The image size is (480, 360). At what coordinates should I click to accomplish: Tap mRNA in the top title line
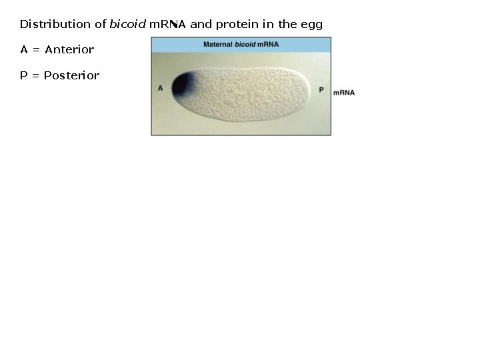coord(167,25)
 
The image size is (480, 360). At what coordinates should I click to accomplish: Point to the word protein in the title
coord(235,25)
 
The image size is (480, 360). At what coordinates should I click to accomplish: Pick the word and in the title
coord(201,25)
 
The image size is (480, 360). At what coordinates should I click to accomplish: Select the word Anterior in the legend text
coord(69,50)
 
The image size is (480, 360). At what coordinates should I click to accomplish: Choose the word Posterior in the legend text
coord(71,75)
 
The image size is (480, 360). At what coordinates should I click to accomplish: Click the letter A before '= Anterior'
coord(24,50)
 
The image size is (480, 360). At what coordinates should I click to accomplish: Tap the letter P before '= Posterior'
coord(23,75)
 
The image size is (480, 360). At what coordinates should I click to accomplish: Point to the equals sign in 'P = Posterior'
coord(35,75)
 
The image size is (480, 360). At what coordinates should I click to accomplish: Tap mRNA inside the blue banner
coord(269,45)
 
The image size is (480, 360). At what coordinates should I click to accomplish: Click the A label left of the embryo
coord(161,88)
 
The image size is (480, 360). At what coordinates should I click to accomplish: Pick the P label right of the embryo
coord(321,89)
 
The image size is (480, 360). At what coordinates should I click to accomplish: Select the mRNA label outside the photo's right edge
coord(343,92)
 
